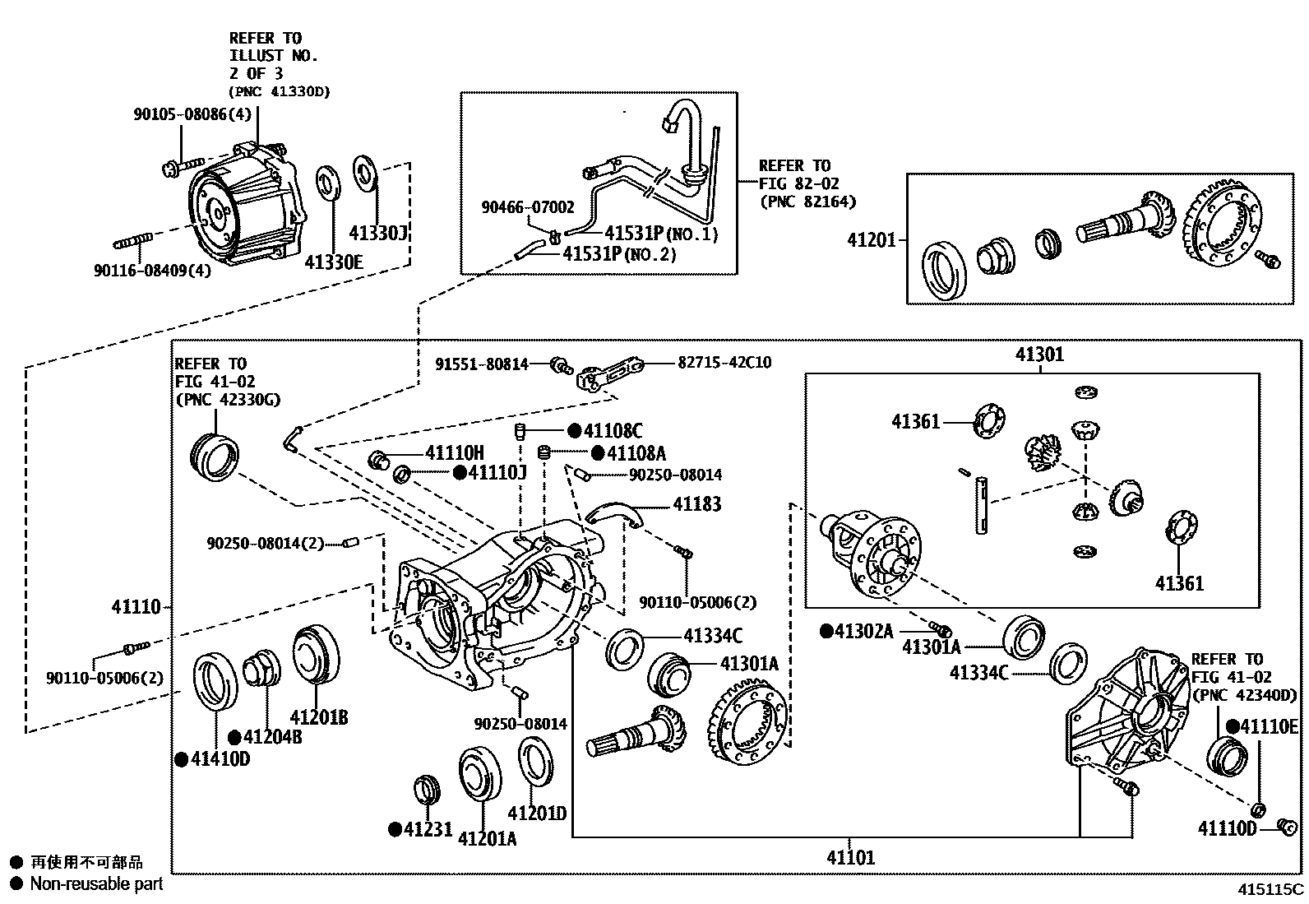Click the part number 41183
point(696,504)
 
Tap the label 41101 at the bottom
point(851,858)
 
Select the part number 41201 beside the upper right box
point(872,239)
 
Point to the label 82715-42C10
point(724,363)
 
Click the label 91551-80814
point(482,364)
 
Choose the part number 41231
point(428,829)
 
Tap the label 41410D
point(220,759)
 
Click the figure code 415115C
point(1270,889)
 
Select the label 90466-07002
point(528,207)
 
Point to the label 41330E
point(334,262)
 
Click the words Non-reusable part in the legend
point(96,883)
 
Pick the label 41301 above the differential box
point(1039,354)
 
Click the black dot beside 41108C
point(575,431)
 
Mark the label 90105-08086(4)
point(192,114)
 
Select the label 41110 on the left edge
point(136,607)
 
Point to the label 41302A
point(863,632)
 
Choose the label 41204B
point(272,737)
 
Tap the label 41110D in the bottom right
point(1227,828)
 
